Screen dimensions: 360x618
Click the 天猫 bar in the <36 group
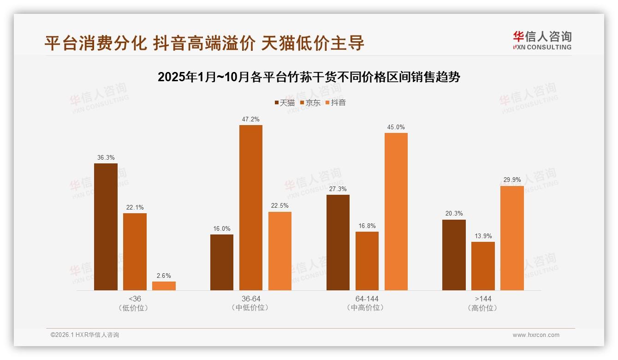(106, 227)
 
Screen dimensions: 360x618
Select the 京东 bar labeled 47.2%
(250, 208)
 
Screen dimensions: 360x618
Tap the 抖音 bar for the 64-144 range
(396, 211)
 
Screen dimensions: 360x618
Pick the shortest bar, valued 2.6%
(164, 286)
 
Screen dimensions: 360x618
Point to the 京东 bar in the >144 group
(483, 266)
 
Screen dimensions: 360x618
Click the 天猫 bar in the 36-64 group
(222, 262)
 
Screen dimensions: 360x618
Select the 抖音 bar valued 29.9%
(512, 238)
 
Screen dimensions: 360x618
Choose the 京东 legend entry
(310, 102)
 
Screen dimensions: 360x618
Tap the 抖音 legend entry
(336, 102)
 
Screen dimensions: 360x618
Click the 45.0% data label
(396, 127)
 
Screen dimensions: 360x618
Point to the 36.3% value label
(106, 158)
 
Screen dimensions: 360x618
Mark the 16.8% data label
(367, 226)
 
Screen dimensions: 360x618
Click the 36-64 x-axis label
(250, 299)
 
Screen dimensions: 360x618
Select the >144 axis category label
(483, 299)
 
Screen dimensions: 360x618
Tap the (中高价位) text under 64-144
(367, 308)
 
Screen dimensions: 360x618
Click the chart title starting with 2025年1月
(309, 77)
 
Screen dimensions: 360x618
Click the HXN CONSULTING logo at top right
(542, 41)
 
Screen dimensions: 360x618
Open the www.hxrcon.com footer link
(536, 335)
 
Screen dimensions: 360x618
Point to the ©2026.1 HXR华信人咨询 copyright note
(85, 335)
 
